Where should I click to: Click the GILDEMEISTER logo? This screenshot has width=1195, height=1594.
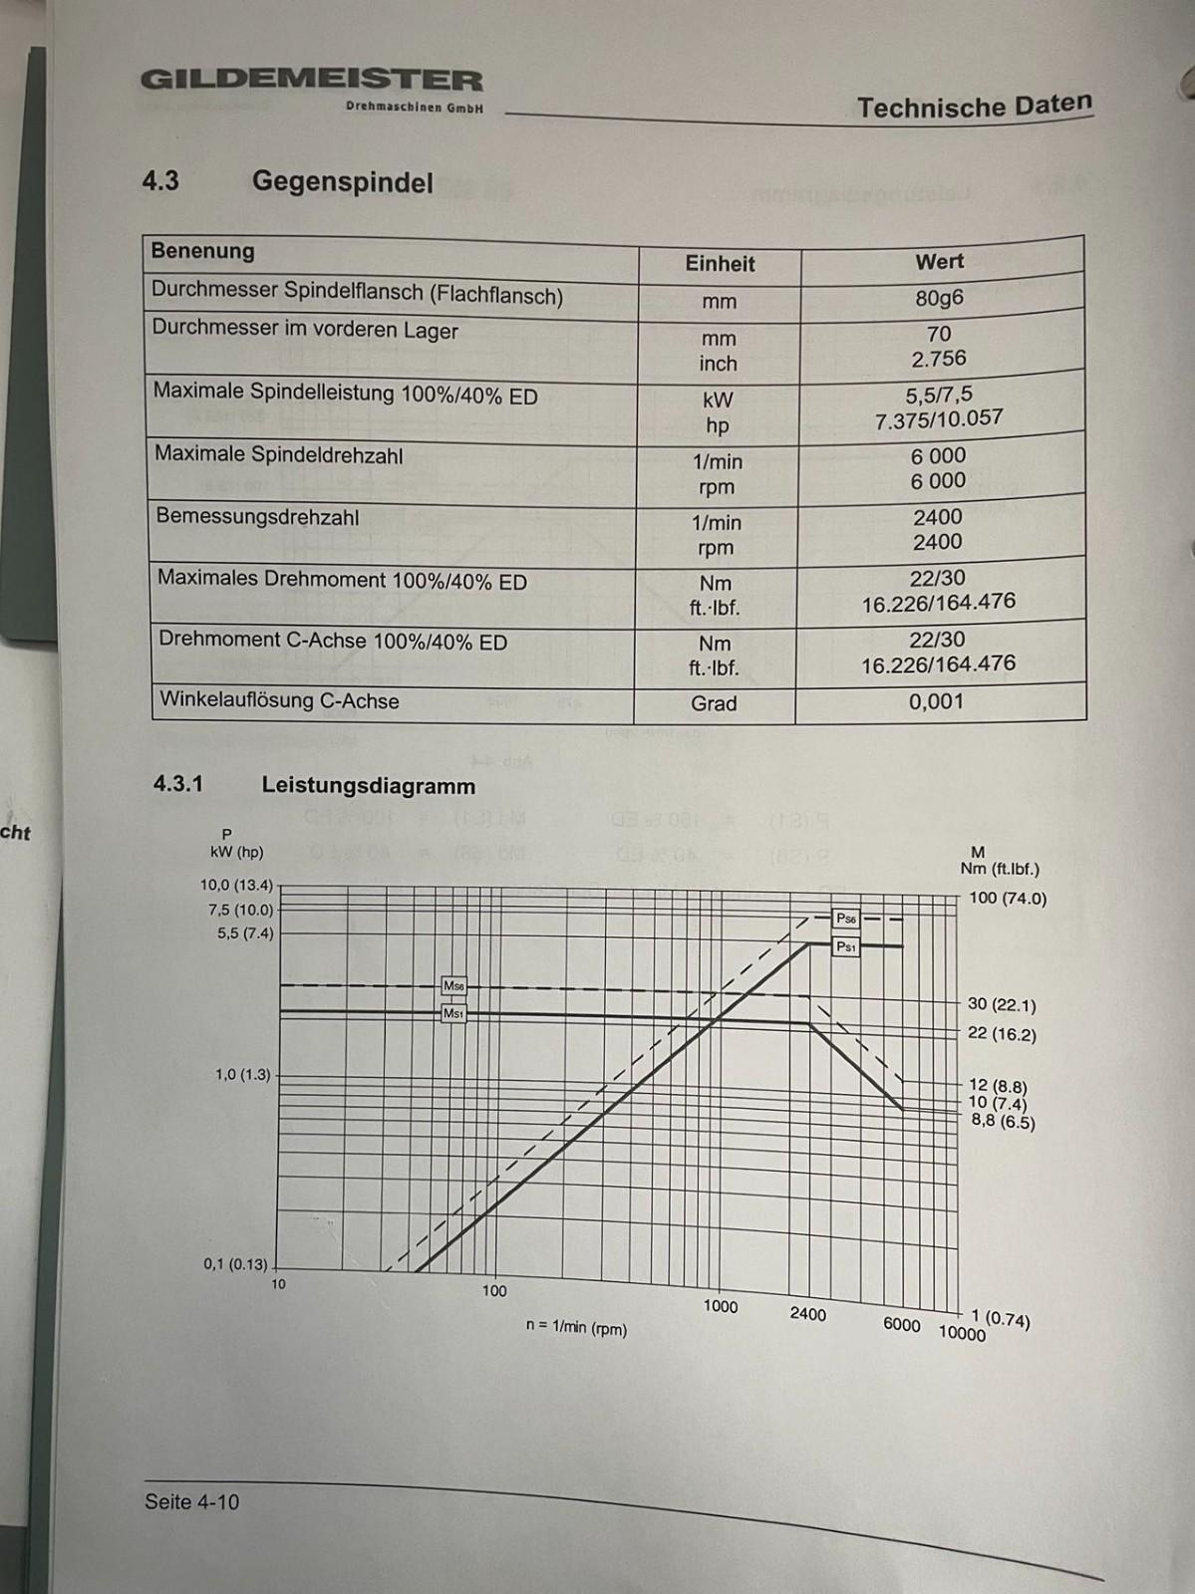[x=311, y=81]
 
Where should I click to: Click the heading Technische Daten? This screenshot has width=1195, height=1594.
[x=974, y=107]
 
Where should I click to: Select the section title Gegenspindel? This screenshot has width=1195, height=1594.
[x=342, y=182]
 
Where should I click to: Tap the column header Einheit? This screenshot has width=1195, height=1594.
[x=720, y=264]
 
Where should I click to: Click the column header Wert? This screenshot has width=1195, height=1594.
[x=939, y=262]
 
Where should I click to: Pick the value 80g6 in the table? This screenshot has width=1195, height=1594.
[x=939, y=298]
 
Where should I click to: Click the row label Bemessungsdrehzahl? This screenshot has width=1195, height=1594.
[x=257, y=517]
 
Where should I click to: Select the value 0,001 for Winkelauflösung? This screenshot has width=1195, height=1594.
[x=936, y=701]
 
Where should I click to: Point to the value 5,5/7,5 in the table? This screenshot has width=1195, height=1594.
[x=939, y=396]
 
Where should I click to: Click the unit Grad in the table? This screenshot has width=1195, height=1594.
[x=714, y=703]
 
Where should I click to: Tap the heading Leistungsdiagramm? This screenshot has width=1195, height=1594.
[x=368, y=786]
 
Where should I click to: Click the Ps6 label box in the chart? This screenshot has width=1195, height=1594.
[x=845, y=919]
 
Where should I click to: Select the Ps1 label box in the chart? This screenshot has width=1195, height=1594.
[x=845, y=946]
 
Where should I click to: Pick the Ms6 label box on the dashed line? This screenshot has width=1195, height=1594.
[x=453, y=986]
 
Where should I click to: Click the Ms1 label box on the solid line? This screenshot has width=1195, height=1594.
[x=453, y=1013]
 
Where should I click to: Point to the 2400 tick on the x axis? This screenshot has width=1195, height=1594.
[x=807, y=1314]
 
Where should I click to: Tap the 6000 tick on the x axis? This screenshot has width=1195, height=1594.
[x=901, y=1324]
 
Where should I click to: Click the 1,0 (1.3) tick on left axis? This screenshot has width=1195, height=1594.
[x=242, y=1075]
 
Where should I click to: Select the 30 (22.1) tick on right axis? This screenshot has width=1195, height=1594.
[x=1002, y=1005]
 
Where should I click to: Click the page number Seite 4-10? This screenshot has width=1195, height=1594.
[x=191, y=1501]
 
